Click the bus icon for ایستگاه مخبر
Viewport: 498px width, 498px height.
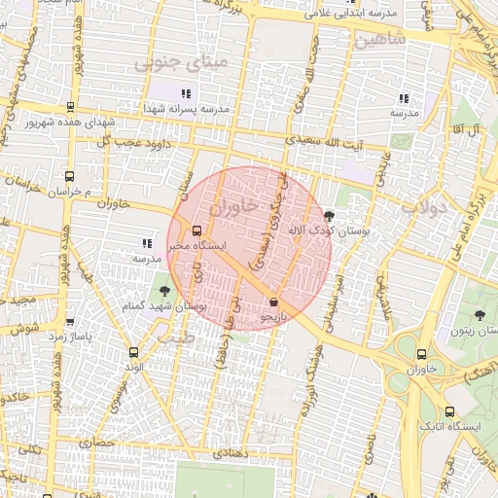click(197, 231)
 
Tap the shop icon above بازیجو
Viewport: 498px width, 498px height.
click(273, 302)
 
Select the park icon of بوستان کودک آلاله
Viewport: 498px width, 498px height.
click(329, 216)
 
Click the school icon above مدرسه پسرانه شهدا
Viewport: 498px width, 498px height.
click(185, 94)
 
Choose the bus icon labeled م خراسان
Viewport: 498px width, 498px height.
click(68, 177)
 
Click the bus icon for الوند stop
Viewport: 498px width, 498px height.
click(133, 353)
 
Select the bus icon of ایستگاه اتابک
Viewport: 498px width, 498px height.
click(449, 411)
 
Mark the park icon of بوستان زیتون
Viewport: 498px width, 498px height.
click(480, 314)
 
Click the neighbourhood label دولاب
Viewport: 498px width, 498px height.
click(422, 206)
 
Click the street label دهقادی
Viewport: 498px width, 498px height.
click(232, 453)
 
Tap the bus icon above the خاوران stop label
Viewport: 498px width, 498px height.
click(421, 355)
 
